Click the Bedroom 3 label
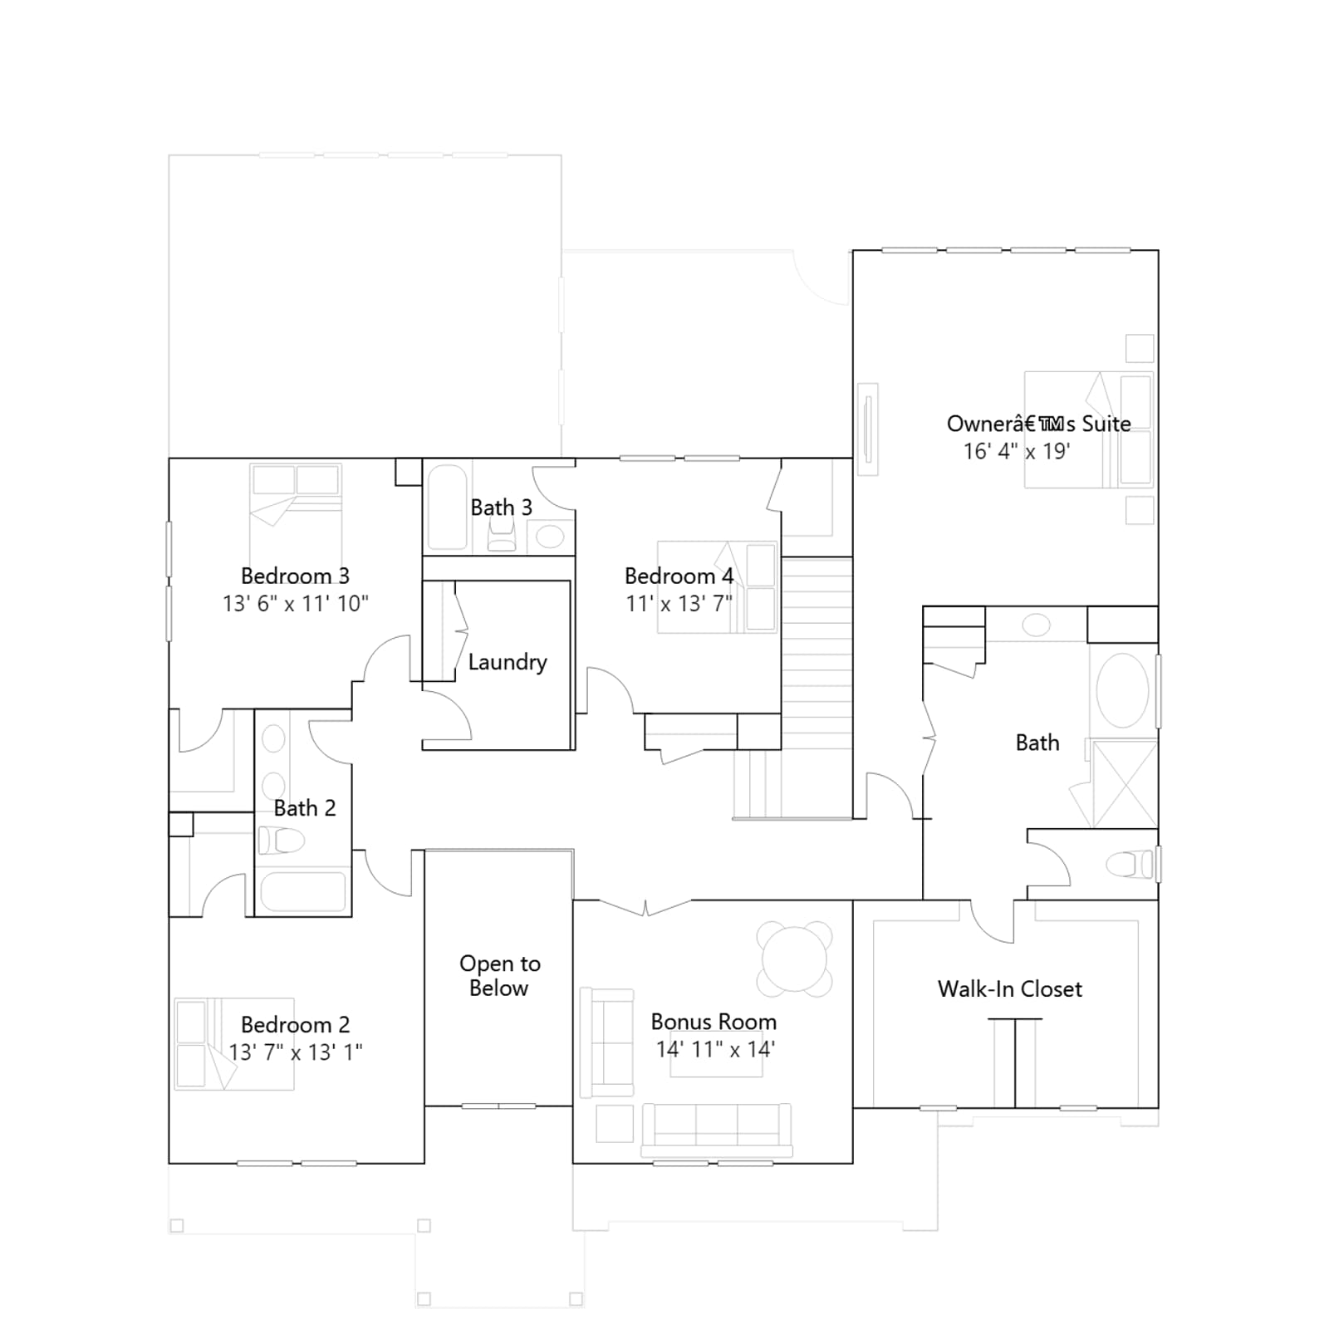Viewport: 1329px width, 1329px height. (x=295, y=576)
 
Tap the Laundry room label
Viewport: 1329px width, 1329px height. (x=508, y=663)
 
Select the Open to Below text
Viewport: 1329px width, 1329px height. (x=499, y=975)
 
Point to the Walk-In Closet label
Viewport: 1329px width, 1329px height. (x=1010, y=988)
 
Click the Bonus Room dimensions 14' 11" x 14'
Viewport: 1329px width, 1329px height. (x=715, y=1049)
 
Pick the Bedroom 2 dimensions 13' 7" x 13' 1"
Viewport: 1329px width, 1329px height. (x=296, y=1052)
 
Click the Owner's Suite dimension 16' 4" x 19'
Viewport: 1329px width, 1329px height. (x=1017, y=451)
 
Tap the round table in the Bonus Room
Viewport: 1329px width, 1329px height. (x=795, y=959)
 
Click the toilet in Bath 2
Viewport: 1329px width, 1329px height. (x=280, y=841)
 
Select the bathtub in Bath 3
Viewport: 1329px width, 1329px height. (x=448, y=507)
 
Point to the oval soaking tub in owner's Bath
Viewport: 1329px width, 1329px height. (x=1122, y=690)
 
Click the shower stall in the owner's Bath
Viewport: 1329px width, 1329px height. (x=1125, y=784)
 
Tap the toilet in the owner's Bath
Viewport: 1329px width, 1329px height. (x=1130, y=865)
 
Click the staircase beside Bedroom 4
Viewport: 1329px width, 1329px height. (x=817, y=688)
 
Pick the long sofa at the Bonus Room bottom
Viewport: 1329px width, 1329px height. (x=717, y=1130)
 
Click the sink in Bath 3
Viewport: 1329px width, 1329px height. (x=550, y=536)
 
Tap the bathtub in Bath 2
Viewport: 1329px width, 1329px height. (x=303, y=892)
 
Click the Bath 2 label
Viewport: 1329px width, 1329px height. (x=305, y=808)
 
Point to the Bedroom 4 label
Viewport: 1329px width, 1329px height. (x=679, y=576)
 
